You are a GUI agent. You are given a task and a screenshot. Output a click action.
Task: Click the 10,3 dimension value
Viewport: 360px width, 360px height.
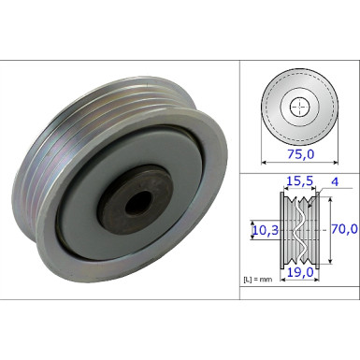(264, 227)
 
